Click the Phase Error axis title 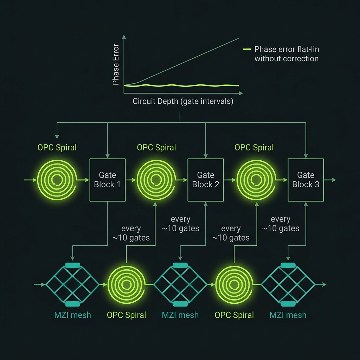(x=116, y=64)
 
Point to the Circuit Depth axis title (x=183, y=101)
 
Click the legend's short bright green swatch (x=246, y=49)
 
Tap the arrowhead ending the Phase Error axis (x=124, y=37)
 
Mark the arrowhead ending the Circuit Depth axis (x=241, y=93)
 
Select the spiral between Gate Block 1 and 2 (x=156, y=180)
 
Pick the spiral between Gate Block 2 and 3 (x=256, y=180)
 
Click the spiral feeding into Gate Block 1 (x=57, y=180)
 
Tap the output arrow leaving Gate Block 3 (x=330, y=180)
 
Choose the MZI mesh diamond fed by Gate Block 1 (x=72, y=284)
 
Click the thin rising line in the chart (x=181, y=62)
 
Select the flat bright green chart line (x=181, y=86)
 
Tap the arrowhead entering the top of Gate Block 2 (x=205, y=156)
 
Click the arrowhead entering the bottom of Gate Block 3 (x=306, y=204)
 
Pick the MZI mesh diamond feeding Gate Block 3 (x=288, y=284)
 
